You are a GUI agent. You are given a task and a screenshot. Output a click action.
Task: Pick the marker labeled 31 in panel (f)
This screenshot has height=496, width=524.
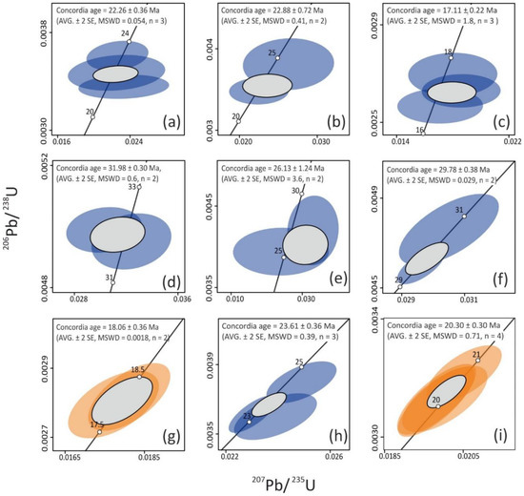pos(464,217)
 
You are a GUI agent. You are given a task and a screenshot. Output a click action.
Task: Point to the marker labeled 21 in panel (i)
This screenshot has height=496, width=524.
pos(477,361)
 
